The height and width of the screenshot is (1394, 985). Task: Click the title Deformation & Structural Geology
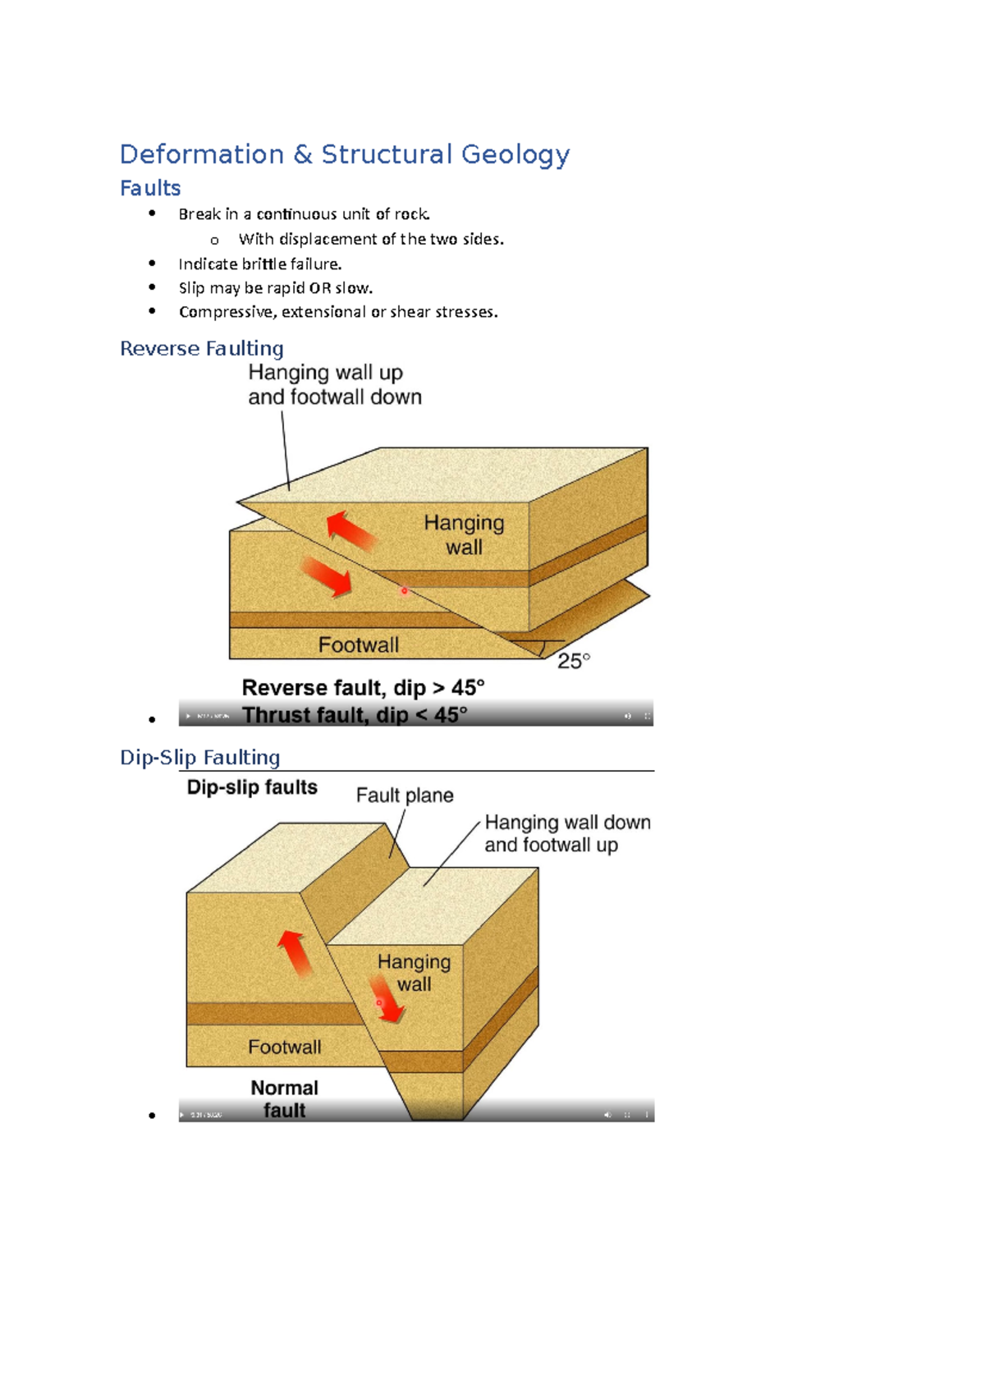point(344,154)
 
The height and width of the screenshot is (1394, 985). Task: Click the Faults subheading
point(150,189)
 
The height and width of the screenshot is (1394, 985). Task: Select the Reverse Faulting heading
point(202,349)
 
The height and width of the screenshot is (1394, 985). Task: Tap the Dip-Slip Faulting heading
point(200,757)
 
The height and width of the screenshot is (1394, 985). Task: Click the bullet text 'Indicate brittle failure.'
point(260,264)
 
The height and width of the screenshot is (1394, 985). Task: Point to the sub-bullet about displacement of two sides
point(371,240)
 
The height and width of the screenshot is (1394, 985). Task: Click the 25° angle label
point(574,661)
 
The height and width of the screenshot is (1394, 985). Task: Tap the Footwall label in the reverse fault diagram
point(359,645)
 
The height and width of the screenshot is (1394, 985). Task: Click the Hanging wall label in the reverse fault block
point(464,535)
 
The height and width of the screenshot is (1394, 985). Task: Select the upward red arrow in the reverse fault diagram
point(350,530)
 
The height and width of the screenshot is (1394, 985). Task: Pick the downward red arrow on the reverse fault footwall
point(327,576)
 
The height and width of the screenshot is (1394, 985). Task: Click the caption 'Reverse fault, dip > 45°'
point(363,688)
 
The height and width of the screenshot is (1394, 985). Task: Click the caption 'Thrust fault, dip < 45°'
point(355,715)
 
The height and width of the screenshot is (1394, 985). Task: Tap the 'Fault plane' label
point(405,796)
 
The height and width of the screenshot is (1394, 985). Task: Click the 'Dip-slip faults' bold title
point(252,787)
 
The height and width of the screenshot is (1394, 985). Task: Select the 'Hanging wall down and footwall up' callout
point(566,834)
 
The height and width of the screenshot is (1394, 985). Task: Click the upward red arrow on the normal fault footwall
point(295,952)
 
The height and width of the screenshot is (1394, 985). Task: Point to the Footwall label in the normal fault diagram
point(285,1048)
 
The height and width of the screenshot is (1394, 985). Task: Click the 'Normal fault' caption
point(284,1099)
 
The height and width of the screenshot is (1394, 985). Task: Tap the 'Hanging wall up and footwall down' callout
point(334,385)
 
